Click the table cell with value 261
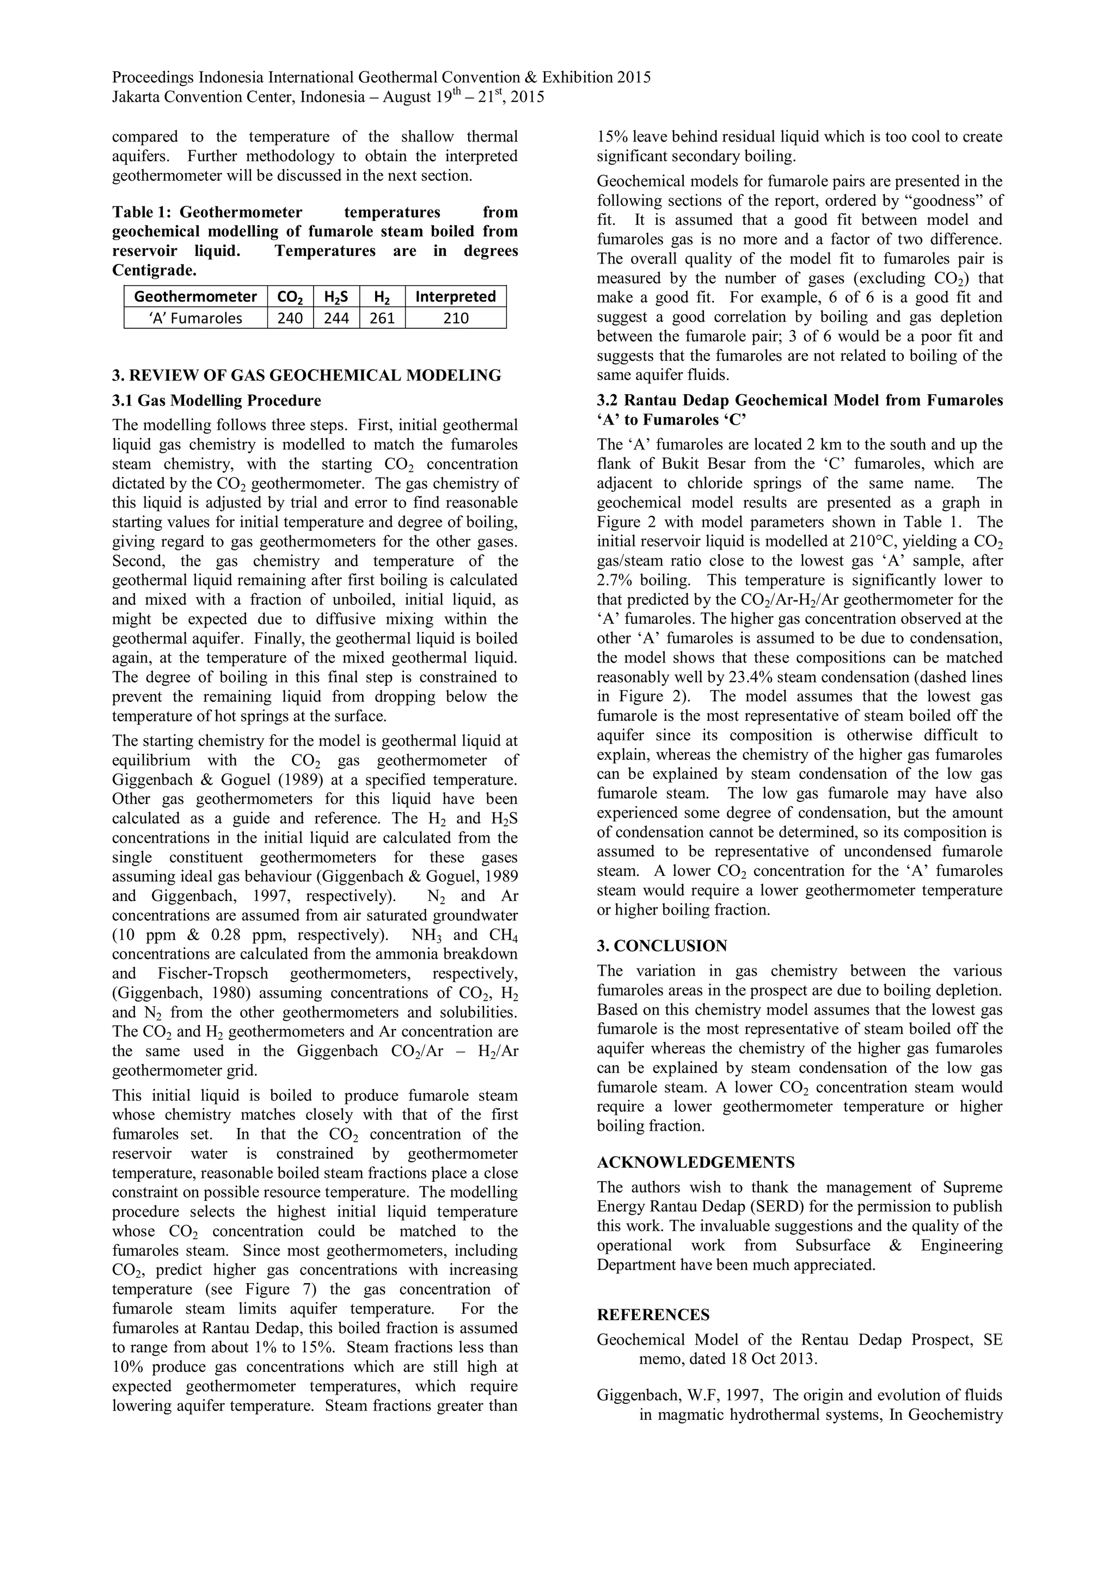point(382,318)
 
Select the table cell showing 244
point(336,318)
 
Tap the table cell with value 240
point(290,318)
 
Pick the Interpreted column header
point(455,297)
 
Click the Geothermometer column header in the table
point(195,297)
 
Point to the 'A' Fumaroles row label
point(195,318)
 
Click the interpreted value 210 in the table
point(455,318)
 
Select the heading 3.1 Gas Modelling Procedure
point(216,400)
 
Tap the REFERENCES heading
point(653,1315)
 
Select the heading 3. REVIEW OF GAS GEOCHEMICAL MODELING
point(306,376)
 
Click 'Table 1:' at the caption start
point(142,213)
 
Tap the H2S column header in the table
point(336,297)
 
